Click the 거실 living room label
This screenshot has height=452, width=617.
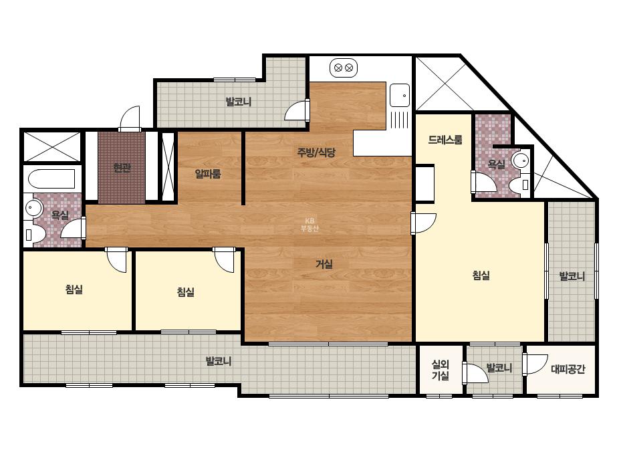(x=324, y=264)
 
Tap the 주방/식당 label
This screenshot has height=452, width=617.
(x=316, y=152)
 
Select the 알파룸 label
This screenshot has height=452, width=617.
(x=208, y=173)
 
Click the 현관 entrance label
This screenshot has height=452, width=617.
(x=122, y=168)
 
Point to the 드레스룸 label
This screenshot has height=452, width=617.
(x=445, y=140)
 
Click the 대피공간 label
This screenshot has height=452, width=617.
(x=568, y=369)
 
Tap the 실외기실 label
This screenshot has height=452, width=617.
(x=441, y=370)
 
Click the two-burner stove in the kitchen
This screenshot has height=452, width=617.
(x=344, y=68)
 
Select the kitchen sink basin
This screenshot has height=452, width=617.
(x=400, y=95)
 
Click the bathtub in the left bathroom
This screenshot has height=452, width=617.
(x=51, y=179)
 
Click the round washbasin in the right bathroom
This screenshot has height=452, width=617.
(x=521, y=160)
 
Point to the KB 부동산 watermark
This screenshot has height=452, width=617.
(x=310, y=225)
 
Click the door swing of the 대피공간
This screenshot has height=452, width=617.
(x=536, y=364)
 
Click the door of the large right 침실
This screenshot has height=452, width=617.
(x=424, y=223)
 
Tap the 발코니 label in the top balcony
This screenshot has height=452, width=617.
(x=239, y=102)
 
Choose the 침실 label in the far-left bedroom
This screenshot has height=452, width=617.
(x=74, y=290)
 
